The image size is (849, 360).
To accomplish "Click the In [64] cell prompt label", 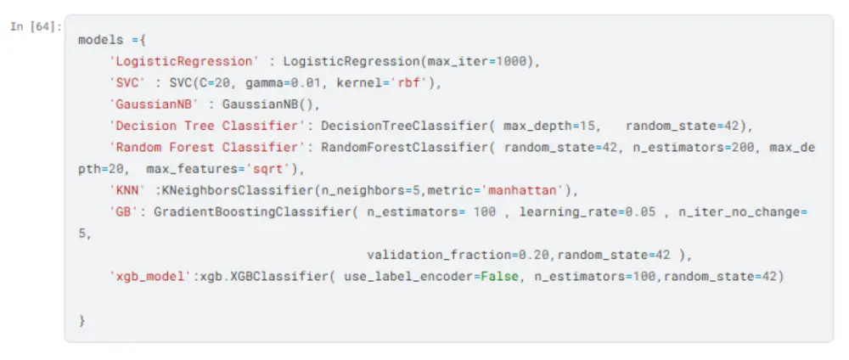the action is click(x=37, y=27).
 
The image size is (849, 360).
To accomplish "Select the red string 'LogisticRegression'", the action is click(x=184, y=61).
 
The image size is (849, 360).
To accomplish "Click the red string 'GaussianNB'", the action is click(x=154, y=104).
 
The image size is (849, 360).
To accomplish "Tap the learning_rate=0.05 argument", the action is click(x=587, y=212).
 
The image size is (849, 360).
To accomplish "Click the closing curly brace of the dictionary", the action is click(x=82, y=320).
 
